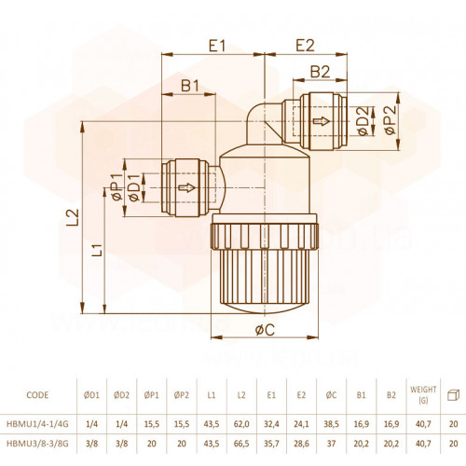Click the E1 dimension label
[x=216, y=46]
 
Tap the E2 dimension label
[x=305, y=45]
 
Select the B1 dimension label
[x=190, y=86]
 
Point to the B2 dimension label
[x=320, y=72]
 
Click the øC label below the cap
[x=265, y=330]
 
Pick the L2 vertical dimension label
[x=74, y=217]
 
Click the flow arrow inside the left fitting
[x=186, y=187]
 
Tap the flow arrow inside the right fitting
[x=321, y=121]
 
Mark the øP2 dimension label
[x=391, y=120]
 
